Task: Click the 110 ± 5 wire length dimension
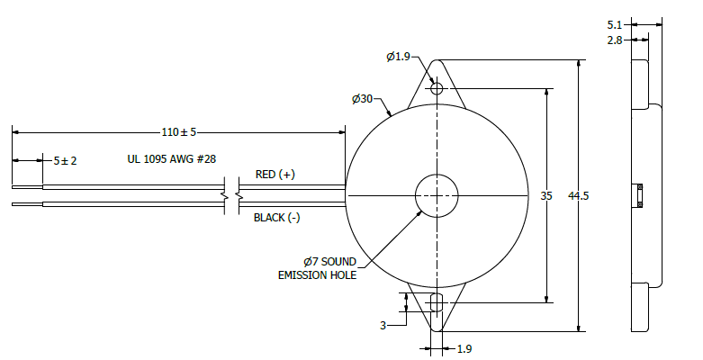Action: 179,132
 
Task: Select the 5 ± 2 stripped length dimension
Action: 65,160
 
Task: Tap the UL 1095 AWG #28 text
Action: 172,159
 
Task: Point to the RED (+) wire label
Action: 275,175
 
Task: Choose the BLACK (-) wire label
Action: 276,218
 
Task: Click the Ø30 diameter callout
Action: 362,99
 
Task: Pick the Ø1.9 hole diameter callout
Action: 399,57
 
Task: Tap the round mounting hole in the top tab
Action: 437,88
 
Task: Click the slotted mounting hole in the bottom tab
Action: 437,302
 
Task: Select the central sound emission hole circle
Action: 437,195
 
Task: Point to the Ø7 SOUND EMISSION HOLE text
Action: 317,268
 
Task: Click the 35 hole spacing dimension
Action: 546,196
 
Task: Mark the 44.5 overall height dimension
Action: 579,196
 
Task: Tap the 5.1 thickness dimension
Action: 615,25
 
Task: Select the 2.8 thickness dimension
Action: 615,40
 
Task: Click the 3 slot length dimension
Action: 383,326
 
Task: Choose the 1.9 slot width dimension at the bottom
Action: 464,349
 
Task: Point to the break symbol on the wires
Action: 232,196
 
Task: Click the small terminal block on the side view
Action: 639,195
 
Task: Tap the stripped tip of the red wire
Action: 27,187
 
